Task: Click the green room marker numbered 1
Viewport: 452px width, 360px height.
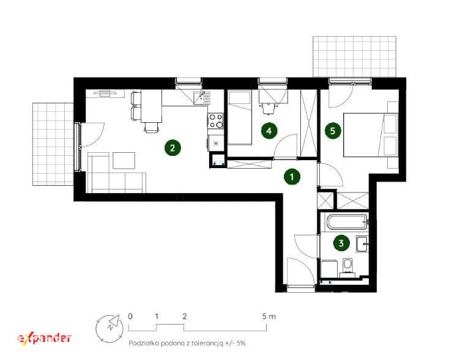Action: [292, 177]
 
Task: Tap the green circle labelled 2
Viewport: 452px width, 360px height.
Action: [172, 148]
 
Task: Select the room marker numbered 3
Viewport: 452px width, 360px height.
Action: [341, 243]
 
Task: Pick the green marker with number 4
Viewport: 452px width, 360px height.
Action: [269, 131]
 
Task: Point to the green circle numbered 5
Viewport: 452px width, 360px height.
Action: [333, 131]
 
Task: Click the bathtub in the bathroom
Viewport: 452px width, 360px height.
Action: [347, 222]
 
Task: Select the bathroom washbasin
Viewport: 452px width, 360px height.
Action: [362, 244]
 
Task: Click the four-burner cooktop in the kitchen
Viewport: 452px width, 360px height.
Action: [216, 120]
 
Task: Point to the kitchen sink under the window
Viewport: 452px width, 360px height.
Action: [202, 98]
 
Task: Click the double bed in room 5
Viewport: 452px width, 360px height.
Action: [371, 135]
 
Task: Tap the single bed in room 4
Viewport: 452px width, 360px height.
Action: [240, 117]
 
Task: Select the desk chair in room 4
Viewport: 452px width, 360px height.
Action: [269, 108]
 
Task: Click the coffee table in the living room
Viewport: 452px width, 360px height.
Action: [124, 160]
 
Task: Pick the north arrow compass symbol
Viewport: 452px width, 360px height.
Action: [109, 329]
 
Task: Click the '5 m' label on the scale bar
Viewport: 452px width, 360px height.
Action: [269, 317]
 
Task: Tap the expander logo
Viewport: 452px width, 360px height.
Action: [45, 338]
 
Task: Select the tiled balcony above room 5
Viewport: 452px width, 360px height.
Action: [355, 57]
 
